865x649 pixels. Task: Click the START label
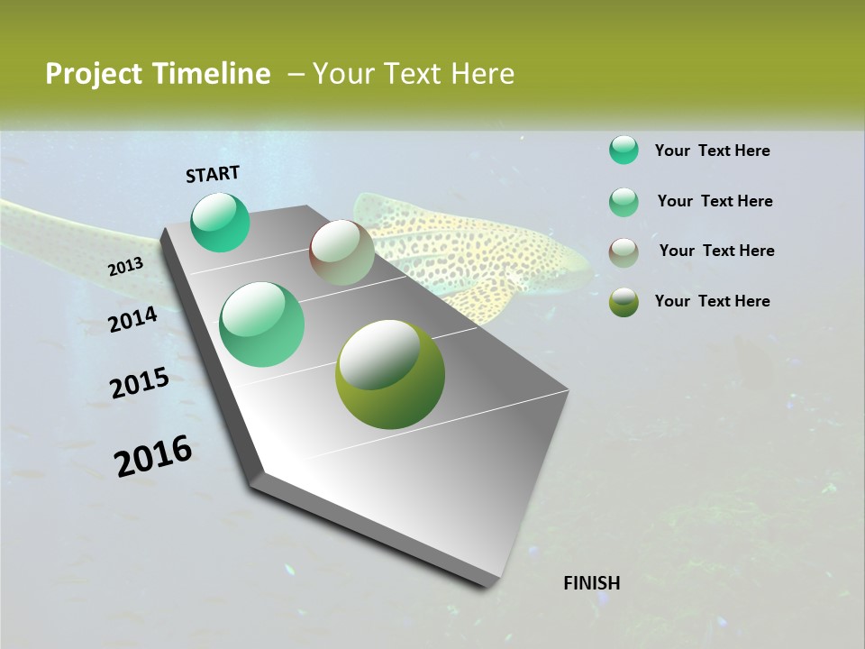pyautogui.click(x=213, y=174)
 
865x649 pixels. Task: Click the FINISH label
pyautogui.click(x=591, y=583)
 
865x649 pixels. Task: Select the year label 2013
pyautogui.click(x=126, y=267)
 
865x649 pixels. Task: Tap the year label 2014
pyautogui.click(x=132, y=319)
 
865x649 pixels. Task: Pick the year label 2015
pyautogui.click(x=140, y=384)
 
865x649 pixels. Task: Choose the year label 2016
pyautogui.click(x=153, y=456)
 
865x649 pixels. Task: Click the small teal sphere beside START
pyautogui.click(x=221, y=223)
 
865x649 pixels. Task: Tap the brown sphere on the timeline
pyautogui.click(x=341, y=252)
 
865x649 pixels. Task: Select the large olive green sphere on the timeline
pyautogui.click(x=390, y=374)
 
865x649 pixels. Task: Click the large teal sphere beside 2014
pyautogui.click(x=262, y=324)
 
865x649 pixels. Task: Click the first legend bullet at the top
pyautogui.click(x=624, y=151)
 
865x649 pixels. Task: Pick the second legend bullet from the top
pyautogui.click(x=624, y=202)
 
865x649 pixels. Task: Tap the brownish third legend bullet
pyautogui.click(x=624, y=252)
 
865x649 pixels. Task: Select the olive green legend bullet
pyautogui.click(x=624, y=302)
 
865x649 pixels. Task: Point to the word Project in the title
pyautogui.click(x=93, y=74)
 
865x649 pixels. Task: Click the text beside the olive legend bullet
pyautogui.click(x=712, y=301)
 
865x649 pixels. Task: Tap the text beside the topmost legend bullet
pyautogui.click(x=712, y=151)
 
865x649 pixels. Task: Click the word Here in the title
pyautogui.click(x=482, y=74)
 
